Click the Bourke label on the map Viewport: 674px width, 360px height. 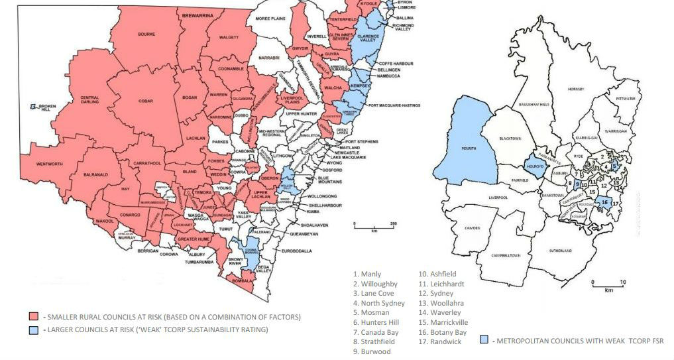(x=146, y=33)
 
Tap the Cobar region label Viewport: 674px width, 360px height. (x=146, y=102)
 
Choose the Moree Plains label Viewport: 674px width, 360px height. (x=272, y=19)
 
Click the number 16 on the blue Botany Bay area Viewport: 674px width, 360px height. (x=605, y=202)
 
